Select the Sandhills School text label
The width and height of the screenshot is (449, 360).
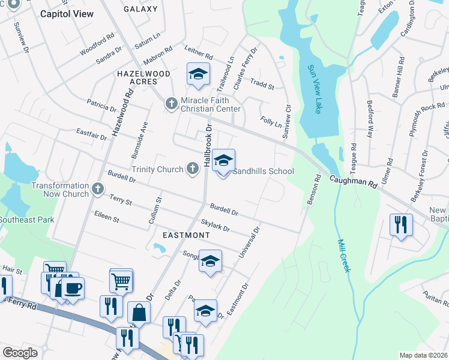click(263, 171)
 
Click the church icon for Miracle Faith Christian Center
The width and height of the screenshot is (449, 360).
click(171, 104)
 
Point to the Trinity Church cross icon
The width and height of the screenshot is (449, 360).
click(193, 169)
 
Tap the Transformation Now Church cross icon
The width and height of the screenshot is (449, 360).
click(98, 190)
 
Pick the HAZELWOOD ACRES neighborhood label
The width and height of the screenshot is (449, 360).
click(143, 77)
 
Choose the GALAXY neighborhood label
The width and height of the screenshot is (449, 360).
click(140, 9)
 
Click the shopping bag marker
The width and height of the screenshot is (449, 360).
click(139, 313)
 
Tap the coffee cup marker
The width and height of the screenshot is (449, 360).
click(73, 287)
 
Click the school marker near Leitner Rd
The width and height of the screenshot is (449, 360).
click(198, 74)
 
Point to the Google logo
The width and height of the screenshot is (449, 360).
click(20, 353)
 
